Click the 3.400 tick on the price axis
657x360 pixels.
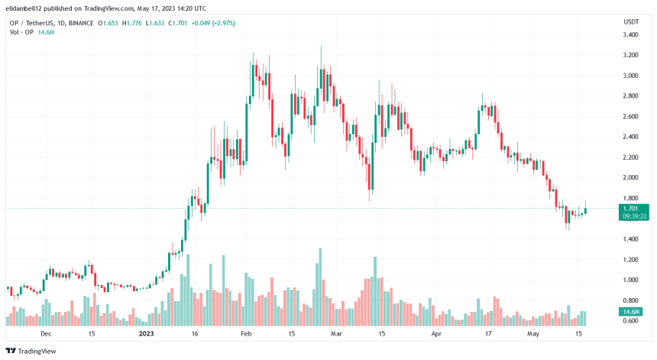[x=631, y=35]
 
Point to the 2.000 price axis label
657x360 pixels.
[x=631, y=178]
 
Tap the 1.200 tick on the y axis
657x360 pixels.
[x=631, y=260]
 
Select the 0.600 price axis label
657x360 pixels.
[x=631, y=321]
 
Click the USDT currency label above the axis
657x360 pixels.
[x=631, y=21]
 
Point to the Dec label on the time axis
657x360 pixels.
[x=45, y=334]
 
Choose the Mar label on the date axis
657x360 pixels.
[x=335, y=334]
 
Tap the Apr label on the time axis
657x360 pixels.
[x=437, y=334]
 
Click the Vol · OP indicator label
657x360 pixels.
[x=18, y=32]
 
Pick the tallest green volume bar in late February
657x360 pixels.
[x=319, y=287]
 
